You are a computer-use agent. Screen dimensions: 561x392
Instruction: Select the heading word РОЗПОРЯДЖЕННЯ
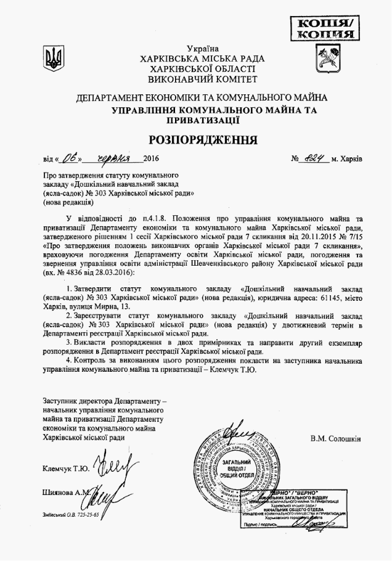tap(202, 139)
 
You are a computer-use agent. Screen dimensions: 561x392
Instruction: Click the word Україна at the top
tap(203, 49)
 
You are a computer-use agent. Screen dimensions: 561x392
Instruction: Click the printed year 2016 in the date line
tap(150, 159)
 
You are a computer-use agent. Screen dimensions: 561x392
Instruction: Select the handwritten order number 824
tap(314, 158)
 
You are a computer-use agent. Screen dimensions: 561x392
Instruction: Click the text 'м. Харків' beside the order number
tap(347, 159)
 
